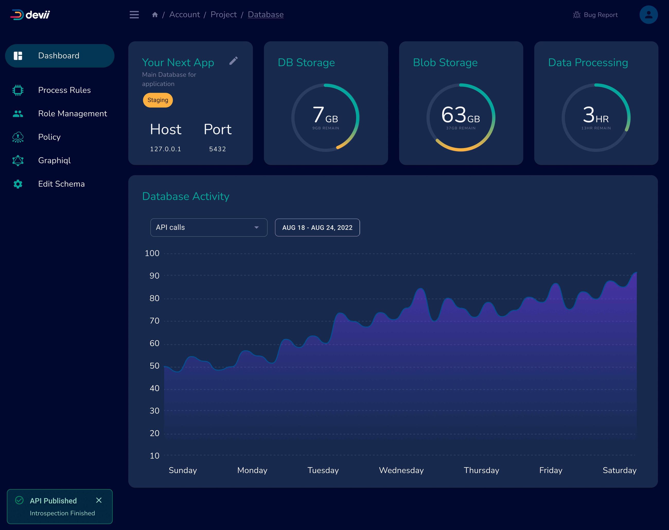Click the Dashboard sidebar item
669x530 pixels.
(x=59, y=56)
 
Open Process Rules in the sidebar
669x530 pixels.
(x=64, y=90)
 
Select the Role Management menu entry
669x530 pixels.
(x=72, y=113)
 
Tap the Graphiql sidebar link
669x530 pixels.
(x=54, y=161)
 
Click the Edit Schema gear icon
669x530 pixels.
(x=18, y=184)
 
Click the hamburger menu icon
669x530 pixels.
(x=134, y=15)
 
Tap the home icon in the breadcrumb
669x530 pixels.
(x=155, y=15)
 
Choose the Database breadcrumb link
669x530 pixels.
(x=266, y=15)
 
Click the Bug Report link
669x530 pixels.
(x=595, y=15)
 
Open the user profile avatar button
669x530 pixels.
(x=648, y=15)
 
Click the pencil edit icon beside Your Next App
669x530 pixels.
(x=234, y=60)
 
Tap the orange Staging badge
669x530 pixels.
(x=158, y=100)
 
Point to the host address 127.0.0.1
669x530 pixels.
(x=165, y=149)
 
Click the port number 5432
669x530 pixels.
(x=217, y=149)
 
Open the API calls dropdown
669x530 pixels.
(x=208, y=227)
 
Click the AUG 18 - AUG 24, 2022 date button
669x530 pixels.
(x=317, y=227)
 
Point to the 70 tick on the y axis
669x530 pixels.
(x=154, y=321)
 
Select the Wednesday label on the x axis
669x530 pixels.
(x=401, y=470)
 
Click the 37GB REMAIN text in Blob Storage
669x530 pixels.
(x=461, y=128)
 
